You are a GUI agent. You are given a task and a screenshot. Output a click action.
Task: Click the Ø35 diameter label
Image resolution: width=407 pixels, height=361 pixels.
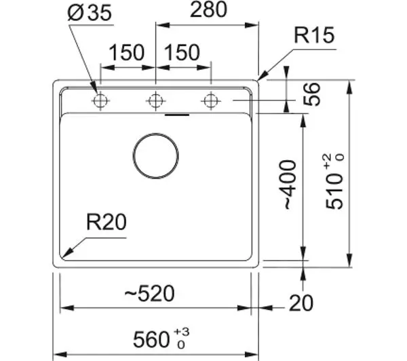90,13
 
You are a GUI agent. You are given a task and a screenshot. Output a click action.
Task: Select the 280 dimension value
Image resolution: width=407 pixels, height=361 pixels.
208,9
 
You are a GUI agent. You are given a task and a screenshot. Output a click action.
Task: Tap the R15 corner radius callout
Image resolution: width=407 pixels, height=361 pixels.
314,35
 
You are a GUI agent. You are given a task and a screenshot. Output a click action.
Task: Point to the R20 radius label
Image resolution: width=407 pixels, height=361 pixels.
106,222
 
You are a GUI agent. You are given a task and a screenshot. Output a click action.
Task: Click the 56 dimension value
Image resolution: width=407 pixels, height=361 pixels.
312,94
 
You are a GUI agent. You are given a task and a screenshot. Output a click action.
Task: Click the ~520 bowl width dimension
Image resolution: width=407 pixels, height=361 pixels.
149,293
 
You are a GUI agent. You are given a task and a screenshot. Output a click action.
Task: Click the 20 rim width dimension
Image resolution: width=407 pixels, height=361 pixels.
301,303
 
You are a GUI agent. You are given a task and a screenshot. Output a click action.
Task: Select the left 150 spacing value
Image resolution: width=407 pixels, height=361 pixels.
126,52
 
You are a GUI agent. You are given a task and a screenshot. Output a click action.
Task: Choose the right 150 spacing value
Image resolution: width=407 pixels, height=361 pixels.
182,52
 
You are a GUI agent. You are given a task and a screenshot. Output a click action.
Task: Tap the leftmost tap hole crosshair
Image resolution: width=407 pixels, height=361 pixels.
100,100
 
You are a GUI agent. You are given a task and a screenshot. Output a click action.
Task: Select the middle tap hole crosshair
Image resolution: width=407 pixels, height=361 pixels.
155,100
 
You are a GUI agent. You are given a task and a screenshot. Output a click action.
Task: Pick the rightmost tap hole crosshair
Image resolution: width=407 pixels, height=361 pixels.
211,100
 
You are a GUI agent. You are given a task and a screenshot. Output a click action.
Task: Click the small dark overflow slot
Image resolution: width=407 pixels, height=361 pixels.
177,115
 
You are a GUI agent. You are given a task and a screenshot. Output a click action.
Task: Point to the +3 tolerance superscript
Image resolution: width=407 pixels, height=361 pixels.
182,332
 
